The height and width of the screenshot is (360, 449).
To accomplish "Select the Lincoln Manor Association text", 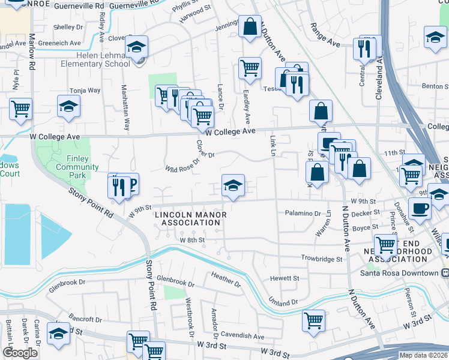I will coord(187,218).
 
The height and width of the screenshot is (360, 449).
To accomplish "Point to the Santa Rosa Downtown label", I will coord(408,273).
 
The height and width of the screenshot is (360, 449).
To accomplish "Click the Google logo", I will coord(20,353).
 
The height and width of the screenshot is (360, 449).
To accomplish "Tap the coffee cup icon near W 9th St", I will coord(420,209).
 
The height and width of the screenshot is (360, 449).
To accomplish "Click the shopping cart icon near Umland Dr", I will coord(313,320).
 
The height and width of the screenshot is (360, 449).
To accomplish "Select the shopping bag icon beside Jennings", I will coord(250,26).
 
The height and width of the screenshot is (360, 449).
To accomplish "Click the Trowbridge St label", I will coord(322,259).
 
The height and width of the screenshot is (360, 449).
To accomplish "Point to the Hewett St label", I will coord(285,278).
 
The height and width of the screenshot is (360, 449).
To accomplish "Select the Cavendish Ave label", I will coord(242,337).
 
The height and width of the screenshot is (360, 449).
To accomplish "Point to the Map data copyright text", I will coord(423,355).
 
